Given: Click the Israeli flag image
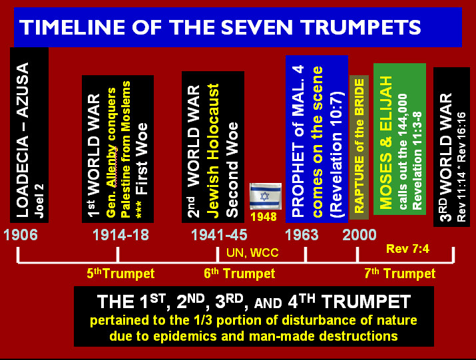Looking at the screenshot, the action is tap(266, 196).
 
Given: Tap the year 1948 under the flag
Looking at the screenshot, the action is tap(264, 217).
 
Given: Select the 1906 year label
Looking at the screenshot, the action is tap(21, 235).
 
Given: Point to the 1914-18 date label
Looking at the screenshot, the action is tap(120, 235).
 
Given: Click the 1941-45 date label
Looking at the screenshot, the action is tap(219, 235).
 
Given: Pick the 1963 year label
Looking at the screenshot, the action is tap(302, 235).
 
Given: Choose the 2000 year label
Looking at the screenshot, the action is tap(359, 235).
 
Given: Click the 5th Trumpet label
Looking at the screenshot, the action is tap(120, 273).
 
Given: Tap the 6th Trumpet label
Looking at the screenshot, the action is tap(240, 273).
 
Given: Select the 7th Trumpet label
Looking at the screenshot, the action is tap(400, 273).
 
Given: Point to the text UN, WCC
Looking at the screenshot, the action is tap(252, 253).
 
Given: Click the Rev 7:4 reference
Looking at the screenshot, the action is tap(407, 249).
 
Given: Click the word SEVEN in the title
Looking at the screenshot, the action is tap(260, 27).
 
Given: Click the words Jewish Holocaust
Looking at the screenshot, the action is tap(214, 151).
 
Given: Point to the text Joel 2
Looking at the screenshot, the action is tap(39, 201).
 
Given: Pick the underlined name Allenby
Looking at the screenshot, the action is tap(112, 166).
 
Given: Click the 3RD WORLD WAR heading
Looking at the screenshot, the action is tap(446, 157).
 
